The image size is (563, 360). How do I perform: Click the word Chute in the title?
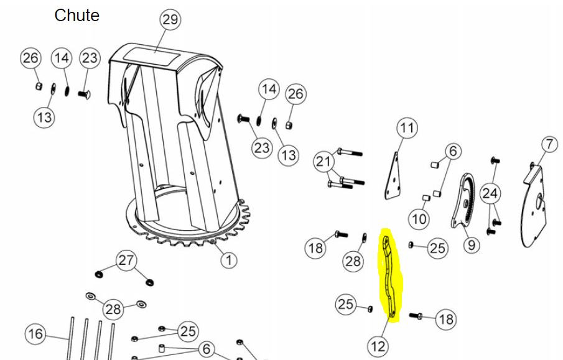(x=77, y=16)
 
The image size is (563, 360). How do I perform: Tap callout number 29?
(x=170, y=19)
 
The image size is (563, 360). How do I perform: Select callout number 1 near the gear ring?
(x=229, y=259)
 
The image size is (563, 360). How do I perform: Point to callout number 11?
(x=407, y=128)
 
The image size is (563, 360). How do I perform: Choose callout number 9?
(x=471, y=245)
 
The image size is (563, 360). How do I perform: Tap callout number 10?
(x=419, y=219)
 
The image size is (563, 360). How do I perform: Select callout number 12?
(x=378, y=347)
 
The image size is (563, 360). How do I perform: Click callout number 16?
(x=35, y=334)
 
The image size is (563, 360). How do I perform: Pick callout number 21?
(x=323, y=162)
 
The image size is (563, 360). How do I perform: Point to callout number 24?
(x=490, y=193)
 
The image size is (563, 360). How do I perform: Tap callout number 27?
(x=126, y=261)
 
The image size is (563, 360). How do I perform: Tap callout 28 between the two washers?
(x=113, y=308)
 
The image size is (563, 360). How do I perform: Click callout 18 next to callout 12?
(x=446, y=319)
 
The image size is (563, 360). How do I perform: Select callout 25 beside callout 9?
(x=437, y=248)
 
